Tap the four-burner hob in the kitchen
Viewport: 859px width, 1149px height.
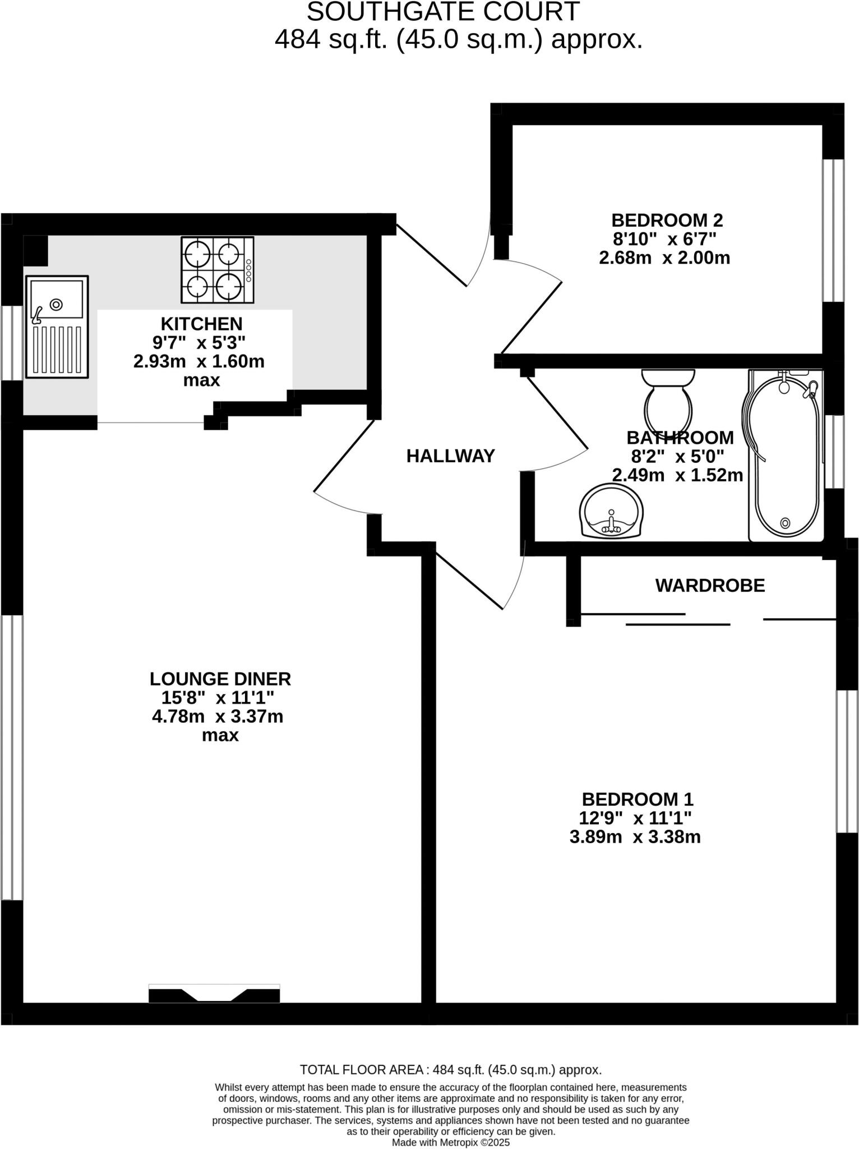point(217,270)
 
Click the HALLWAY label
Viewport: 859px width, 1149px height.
point(450,456)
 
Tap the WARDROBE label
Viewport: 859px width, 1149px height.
point(710,586)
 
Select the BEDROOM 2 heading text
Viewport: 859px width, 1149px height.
point(667,219)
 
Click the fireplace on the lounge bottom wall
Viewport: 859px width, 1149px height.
point(214,994)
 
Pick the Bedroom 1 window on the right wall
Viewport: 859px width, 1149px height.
point(847,761)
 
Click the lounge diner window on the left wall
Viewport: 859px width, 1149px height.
point(12,757)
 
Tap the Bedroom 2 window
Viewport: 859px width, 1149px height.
point(833,231)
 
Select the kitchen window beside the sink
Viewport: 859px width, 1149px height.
point(11,342)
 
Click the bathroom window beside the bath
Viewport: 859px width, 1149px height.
point(834,452)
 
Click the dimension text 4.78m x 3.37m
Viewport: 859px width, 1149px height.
point(218,716)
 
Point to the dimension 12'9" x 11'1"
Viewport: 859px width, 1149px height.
point(635,818)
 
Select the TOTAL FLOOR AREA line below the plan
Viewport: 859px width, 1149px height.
point(451,1070)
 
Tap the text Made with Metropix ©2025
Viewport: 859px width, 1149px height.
point(451,1142)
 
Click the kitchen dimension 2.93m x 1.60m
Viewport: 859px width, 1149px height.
point(198,361)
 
